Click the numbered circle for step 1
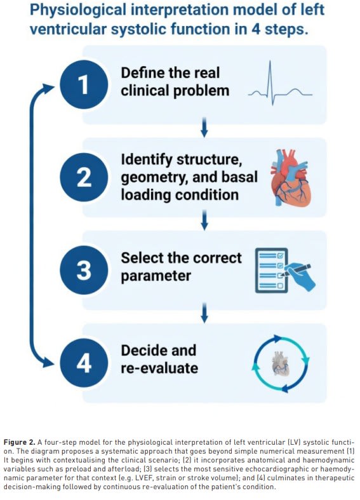pos(84,84)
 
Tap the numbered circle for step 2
pos(84,177)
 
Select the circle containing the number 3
pos(84,270)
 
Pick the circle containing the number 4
pos(84,363)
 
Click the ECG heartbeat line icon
pos(280,83)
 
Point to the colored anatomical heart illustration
pos(290,178)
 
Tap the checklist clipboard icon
pos(272,271)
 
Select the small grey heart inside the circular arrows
pos(281,363)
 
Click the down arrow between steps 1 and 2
pos(204,127)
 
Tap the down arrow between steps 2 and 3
pos(204,220)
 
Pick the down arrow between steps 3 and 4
pos(204,313)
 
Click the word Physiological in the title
pos(78,10)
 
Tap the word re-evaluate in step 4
pos(159,368)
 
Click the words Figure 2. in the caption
pos(19,442)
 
